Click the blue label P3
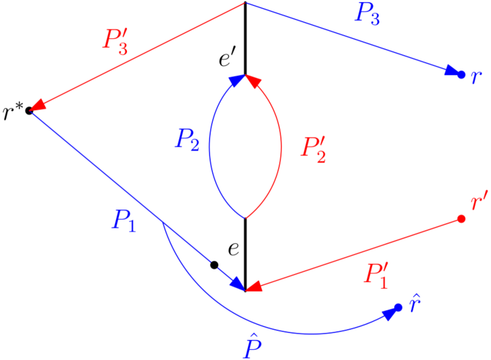point(367,14)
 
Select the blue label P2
point(187,140)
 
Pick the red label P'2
point(314,147)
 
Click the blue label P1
point(124,220)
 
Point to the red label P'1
point(376,275)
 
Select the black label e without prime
point(233,250)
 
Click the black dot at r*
point(29,110)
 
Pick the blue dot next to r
point(461,75)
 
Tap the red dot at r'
point(461,219)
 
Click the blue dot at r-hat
point(398,308)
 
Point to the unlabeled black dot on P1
point(214,265)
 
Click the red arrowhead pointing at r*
point(38,105)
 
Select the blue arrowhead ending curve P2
point(237,81)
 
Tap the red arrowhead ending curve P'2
point(253,81)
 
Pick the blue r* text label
point(13,113)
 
